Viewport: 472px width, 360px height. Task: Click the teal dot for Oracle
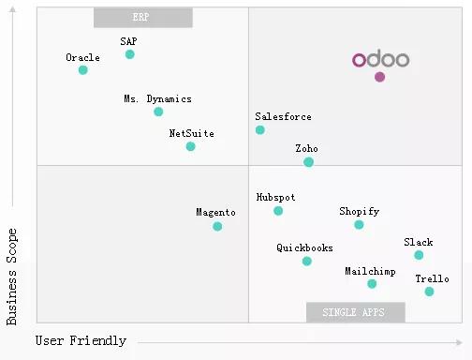82,70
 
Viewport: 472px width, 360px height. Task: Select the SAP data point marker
129,54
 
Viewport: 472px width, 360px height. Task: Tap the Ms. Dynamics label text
157,98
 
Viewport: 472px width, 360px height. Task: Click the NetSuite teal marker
190,146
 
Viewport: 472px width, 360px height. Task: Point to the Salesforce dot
260,129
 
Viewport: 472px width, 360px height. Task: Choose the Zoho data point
308,162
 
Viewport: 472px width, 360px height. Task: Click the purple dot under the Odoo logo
379,77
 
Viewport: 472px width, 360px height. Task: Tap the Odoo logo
380,60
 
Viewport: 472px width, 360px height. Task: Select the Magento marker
217,226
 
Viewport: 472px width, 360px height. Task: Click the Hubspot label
275,198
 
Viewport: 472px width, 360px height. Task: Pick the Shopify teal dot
359,225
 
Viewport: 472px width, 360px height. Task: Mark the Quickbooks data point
306,262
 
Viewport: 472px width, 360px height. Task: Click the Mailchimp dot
372,284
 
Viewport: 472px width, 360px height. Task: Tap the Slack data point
419,255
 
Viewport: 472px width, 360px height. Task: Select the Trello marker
429,292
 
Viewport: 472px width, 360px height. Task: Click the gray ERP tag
143,18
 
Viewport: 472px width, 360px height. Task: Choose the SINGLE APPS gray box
356,312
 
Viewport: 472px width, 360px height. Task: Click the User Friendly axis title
81,341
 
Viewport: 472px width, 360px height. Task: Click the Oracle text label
82,57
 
